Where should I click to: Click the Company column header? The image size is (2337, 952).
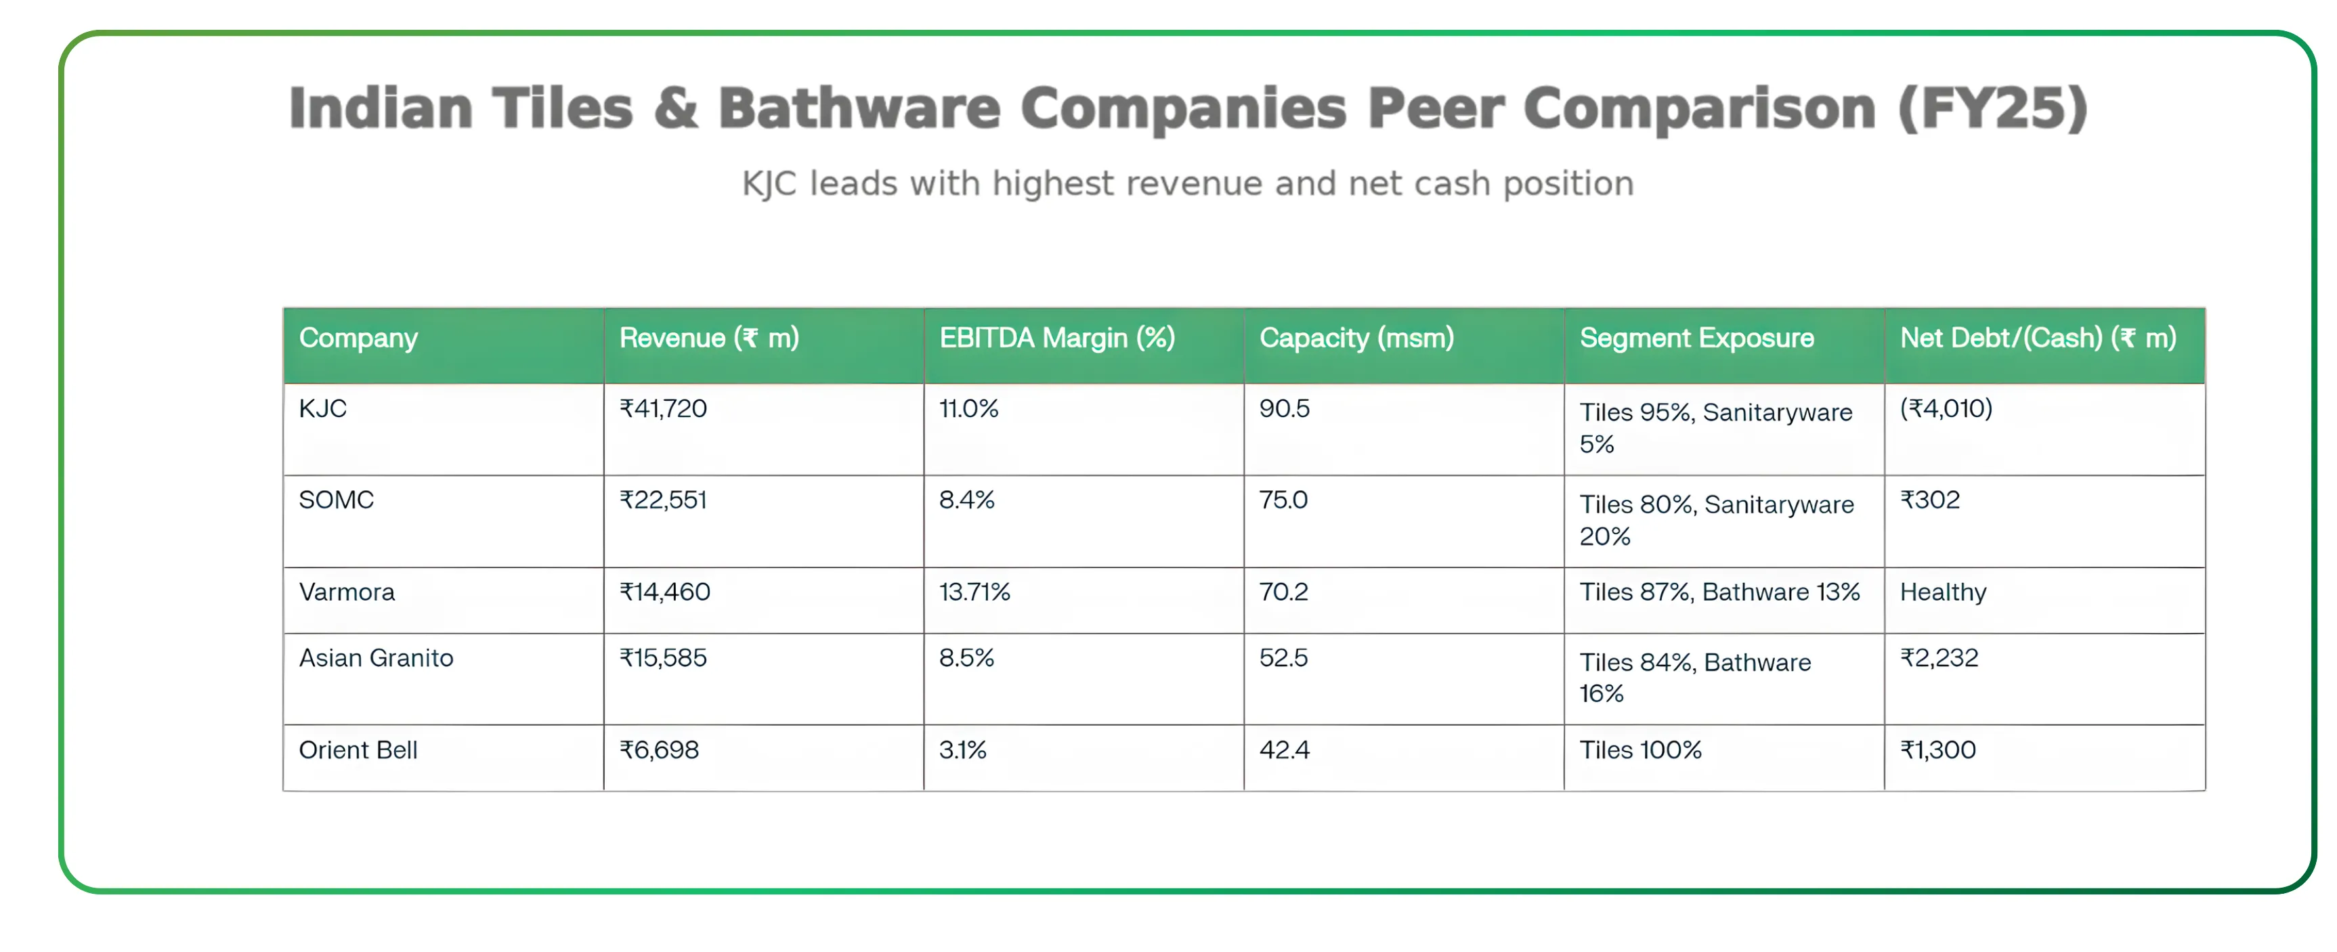tap(358, 338)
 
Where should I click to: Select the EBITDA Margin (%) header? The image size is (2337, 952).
tap(1057, 338)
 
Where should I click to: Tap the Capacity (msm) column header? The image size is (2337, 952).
tap(1356, 338)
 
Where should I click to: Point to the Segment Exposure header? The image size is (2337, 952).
tap(1696, 338)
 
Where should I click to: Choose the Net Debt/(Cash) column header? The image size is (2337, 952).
tap(2038, 338)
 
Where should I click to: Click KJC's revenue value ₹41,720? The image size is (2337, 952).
tap(663, 409)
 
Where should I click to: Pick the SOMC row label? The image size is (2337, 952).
tap(337, 500)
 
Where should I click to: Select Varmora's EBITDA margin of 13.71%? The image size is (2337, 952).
tap(974, 592)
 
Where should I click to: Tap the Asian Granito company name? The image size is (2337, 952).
tap(377, 658)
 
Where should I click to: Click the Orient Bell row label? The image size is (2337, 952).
tap(358, 751)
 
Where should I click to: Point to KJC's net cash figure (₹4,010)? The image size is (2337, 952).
tap(1946, 409)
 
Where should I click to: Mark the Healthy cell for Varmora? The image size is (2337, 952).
tap(1944, 592)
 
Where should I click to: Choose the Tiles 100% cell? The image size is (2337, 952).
tap(1640, 751)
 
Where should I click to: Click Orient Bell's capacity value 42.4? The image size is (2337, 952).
tap(1285, 751)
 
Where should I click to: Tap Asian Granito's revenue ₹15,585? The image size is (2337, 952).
tap(663, 658)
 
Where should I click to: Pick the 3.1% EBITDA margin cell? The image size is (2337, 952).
tap(962, 751)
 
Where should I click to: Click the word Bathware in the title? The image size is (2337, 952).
tap(859, 109)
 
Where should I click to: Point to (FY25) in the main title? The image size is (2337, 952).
tap(1992, 109)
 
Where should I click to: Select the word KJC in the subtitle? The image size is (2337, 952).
tap(769, 184)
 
